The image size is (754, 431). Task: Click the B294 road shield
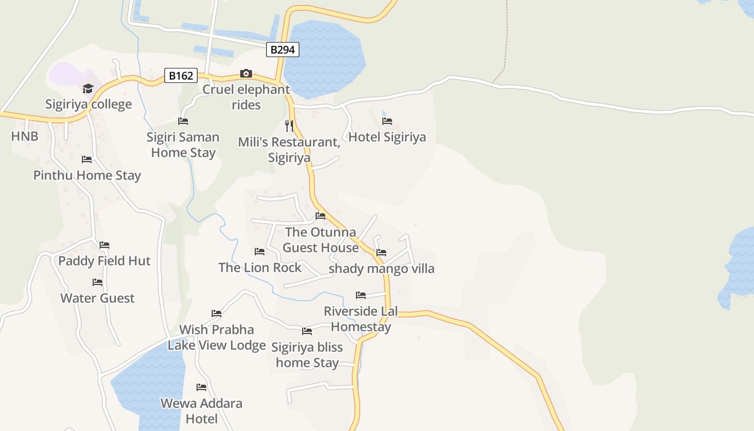pyautogui.click(x=282, y=50)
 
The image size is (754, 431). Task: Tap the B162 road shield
pyautogui.click(x=181, y=75)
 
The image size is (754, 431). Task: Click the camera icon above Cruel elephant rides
pyautogui.click(x=246, y=73)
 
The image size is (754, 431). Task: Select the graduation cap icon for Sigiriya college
pyautogui.click(x=88, y=88)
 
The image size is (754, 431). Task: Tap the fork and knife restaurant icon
pyautogui.click(x=289, y=126)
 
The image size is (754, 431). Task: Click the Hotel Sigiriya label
pyautogui.click(x=387, y=137)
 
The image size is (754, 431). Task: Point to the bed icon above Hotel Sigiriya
pyautogui.click(x=387, y=121)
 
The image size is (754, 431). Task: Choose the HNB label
pyautogui.click(x=25, y=136)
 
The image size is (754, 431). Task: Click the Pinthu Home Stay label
pyautogui.click(x=87, y=175)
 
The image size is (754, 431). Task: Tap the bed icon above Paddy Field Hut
pyautogui.click(x=104, y=245)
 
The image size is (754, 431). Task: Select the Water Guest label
pyautogui.click(x=97, y=298)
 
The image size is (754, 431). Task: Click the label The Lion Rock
pyautogui.click(x=260, y=267)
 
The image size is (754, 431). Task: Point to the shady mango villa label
pyautogui.click(x=381, y=268)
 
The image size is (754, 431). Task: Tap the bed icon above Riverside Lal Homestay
pyautogui.click(x=361, y=295)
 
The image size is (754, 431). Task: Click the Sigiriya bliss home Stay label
pyautogui.click(x=307, y=355)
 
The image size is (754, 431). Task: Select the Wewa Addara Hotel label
pyautogui.click(x=201, y=411)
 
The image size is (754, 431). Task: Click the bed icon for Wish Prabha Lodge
pyautogui.click(x=217, y=313)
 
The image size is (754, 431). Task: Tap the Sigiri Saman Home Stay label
pyautogui.click(x=183, y=144)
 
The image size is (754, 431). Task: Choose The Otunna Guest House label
pyautogui.click(x=320, y=240)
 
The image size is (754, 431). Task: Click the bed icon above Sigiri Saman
pyautogui.click(x=183, y=121)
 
